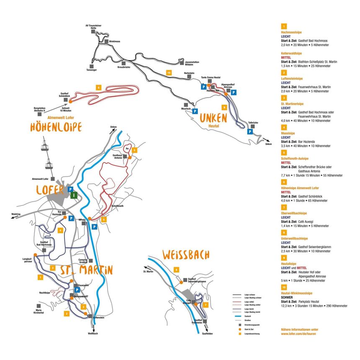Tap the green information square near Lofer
74,195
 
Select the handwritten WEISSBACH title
187,255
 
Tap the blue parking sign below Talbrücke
250,131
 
